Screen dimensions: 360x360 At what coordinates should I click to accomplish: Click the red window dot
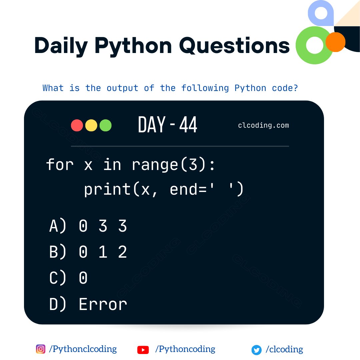(x=77, y=126)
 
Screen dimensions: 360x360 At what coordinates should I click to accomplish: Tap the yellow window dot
(x=91, y=126)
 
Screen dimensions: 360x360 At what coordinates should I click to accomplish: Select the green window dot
(x=105, y=126)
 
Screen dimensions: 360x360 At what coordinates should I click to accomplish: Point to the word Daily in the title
(x=61, y=46)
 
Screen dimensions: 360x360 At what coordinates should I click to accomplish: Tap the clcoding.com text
(x=263, y=126)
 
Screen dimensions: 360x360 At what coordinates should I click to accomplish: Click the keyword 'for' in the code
(x=60, y=165)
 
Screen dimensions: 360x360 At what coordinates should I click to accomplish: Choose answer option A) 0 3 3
(x=88, y=227)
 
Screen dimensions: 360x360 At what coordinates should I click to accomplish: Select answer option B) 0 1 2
(x=88, y=252)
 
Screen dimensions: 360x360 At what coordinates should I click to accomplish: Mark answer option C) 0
(x=69, y=278)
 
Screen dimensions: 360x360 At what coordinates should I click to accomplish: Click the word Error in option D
(x=103, y=304)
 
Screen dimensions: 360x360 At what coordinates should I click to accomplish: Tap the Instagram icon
(x=40, y=349)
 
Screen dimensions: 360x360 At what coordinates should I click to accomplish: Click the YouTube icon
(x=143, y=350)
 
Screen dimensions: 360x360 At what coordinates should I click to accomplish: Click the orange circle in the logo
(x=335, y=42)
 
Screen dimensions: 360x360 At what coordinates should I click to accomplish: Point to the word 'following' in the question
(x=205, y=88)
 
